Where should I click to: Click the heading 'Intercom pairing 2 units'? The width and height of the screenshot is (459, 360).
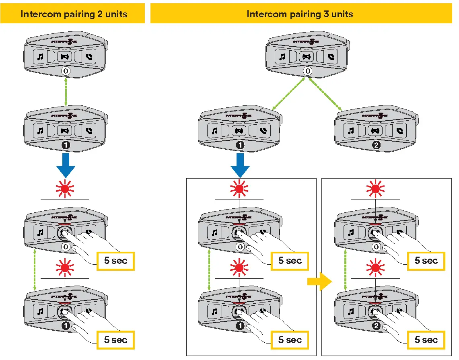click(x=74, y=14)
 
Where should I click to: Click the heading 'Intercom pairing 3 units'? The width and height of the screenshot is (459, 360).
click(x=300, y=14)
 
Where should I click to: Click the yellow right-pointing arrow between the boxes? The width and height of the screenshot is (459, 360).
click(x=319, y=282)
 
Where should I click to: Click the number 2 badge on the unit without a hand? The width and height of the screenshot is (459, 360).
click(x=376, y=145)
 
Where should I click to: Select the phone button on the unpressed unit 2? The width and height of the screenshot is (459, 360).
click(x=399, y=131)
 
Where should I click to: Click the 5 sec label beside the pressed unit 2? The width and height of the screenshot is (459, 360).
click(x=426, y=340)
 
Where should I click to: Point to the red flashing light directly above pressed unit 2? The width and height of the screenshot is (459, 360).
click(x=376, y=267)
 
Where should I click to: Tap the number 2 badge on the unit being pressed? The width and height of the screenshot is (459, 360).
click(x=376, y=326)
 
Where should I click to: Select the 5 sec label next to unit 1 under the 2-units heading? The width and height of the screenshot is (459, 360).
click(x=115, y=340)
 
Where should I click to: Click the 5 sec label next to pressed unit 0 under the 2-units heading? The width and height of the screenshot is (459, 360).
click(x=115, y=261)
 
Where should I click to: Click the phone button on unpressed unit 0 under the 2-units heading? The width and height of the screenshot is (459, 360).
click(x=89, y=57)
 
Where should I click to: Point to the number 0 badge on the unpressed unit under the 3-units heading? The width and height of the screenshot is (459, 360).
click(x=307, y=71)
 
